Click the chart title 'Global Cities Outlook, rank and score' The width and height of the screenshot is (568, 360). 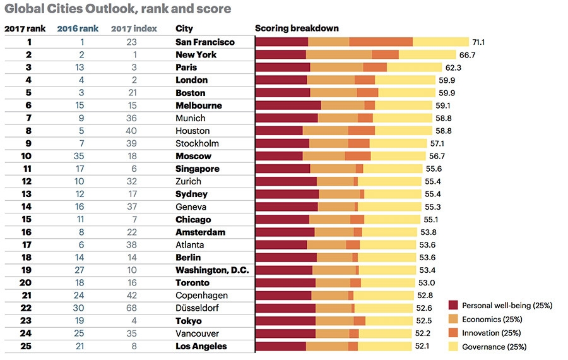point(117,9)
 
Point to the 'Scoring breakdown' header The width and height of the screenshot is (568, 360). point(297,28)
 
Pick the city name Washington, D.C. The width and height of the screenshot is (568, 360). point(211,270)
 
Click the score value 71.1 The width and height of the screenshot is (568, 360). point(479,42)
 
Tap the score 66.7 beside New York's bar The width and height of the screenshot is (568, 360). point(468,55)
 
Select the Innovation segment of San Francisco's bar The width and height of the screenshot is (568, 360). point(381,42)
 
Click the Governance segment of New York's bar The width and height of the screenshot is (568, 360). point(427,55)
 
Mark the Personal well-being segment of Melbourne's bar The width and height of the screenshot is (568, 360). point(288,105)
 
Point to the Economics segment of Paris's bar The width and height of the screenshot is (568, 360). point(336,68)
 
